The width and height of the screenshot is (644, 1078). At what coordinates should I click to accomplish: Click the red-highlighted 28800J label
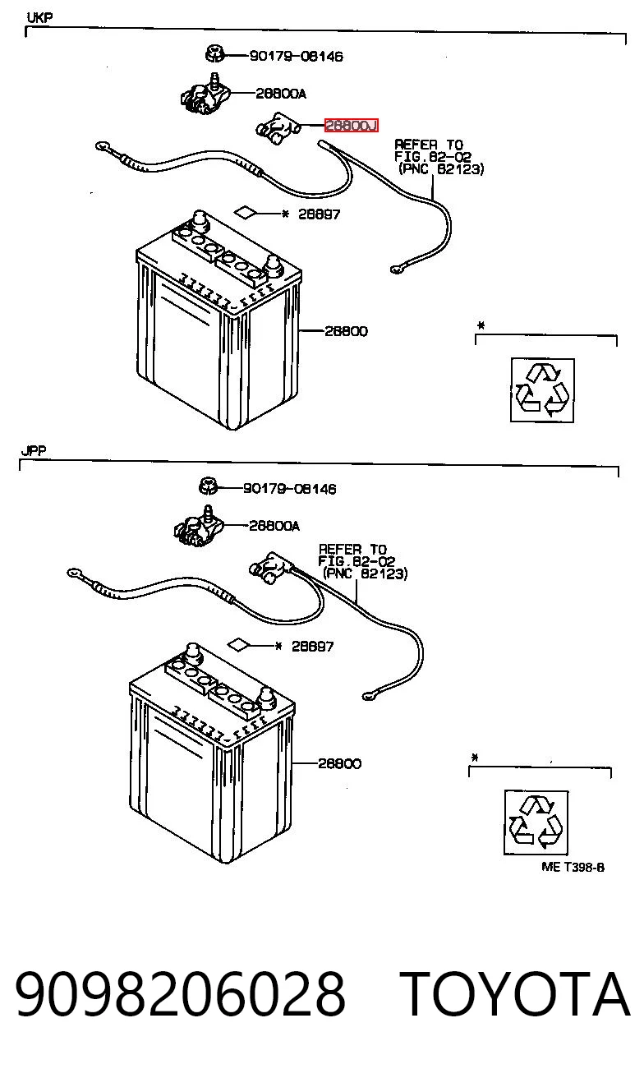(x=351, y=126)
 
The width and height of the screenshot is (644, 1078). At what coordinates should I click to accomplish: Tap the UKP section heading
(x=39, y=18)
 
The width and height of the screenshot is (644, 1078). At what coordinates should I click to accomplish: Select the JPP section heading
(x=34, y=451)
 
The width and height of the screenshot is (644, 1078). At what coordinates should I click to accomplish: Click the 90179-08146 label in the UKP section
(x=297, y=57)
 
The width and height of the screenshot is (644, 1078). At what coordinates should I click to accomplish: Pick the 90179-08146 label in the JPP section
(x=289, y=489)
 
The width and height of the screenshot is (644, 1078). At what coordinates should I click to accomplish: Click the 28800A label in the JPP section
(x=274, y=526)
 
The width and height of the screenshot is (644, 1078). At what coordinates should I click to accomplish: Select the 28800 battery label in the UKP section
(x=347, y=331)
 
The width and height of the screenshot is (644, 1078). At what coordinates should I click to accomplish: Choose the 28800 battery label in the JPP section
(x=339, y=763)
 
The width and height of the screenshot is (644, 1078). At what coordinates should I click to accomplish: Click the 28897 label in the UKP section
(x=319, y=214)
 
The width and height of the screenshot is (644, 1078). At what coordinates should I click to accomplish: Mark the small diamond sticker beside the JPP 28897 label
(x=238, y=644)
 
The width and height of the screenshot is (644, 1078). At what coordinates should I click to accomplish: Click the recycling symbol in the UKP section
(x=542, y=390)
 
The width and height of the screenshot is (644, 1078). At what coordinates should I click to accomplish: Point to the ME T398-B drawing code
(x=573, y=867)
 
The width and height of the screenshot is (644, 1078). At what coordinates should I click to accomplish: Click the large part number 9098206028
(x=181, y=994)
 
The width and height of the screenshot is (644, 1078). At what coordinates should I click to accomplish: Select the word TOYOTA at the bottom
(x=514, y=994)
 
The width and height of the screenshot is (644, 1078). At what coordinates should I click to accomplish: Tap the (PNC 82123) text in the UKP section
(x=441, y=169)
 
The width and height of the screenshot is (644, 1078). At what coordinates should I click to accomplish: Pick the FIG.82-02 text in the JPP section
(x=356, y=561)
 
